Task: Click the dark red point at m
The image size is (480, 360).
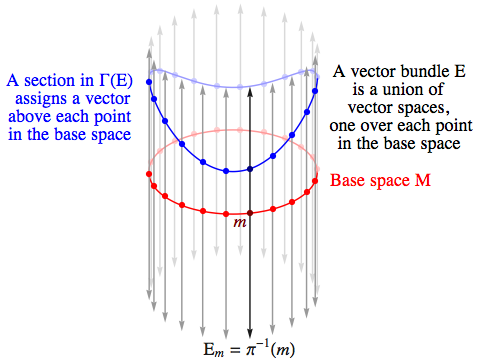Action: click(x=248, y=213)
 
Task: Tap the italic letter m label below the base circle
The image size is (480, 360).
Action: click(x=239, y=225)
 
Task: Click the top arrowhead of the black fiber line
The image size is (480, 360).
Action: click(x=248, y=53)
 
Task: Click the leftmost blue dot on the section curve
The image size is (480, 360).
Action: click(x=149, y=81)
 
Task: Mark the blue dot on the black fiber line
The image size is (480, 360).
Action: click(x=248, y=167)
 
